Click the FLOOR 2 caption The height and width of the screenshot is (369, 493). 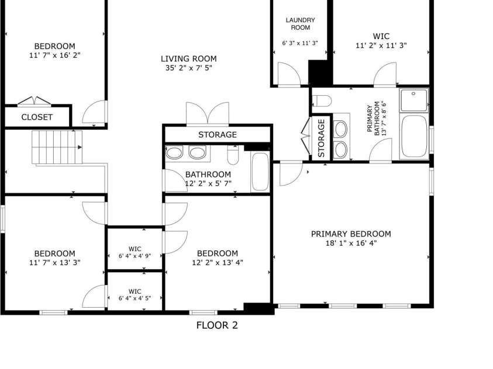pyautogui.click(x=217, y=325)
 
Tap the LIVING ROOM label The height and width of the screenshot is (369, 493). pyautogui.click(x=189, y=58)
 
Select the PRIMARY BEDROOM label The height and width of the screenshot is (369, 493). pyautogui.click(x=351, y=234)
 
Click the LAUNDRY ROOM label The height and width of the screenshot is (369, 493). pyautogui.click(x=300, y=24)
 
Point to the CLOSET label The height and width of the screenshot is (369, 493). pyautogui.click(x=37, y=117)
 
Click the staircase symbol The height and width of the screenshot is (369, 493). pyautogui.click(x=57, y=147)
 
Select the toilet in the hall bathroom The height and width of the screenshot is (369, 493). pyautogui.click(x=233, y=155)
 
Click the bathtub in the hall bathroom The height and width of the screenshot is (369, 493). pyautogui.click(x=260, y=172)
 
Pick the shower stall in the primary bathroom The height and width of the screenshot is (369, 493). pyautogui.click(x=414, y=100)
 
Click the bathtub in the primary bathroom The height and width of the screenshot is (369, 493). pyautogui.click(x=414, y=136)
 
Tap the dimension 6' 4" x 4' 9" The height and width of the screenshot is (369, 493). pyautogui.click(x=135, y=256)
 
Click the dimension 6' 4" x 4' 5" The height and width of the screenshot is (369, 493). pyautogui.click(x=135, y=298)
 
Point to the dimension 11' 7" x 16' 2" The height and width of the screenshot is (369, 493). pyautogui.click(x=55, y=55)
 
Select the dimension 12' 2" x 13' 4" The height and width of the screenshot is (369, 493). pyautogui.click(x=218, y=262)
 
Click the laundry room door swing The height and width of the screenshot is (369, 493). pyautogui.click(x=289, y=74)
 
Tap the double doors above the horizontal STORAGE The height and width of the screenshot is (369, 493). pyautogui.click(x=208, y=114)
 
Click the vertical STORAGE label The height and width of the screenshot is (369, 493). pyautogui.click(x=321, y=138)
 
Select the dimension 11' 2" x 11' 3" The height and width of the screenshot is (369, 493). pyautogui.click(x=381, y=46)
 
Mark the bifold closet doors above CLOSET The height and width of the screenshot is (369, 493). pyautogui.click(x=35, y=101)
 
